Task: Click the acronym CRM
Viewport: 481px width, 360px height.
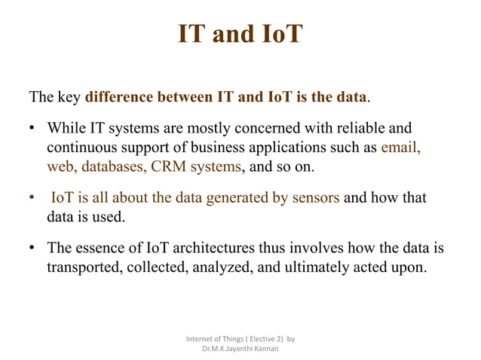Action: [171, 166]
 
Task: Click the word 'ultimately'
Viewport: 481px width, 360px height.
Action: [329, 267]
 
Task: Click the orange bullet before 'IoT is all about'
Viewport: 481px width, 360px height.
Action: [32, 198]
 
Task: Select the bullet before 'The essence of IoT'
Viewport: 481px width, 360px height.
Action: [32, 248]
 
